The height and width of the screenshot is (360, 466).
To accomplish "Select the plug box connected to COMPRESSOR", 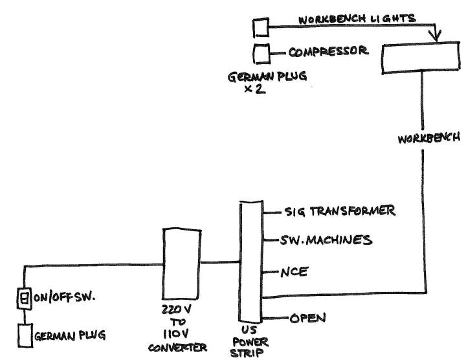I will click(x=261, y=52).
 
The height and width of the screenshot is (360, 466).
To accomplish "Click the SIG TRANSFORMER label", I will click(x=339, y=212).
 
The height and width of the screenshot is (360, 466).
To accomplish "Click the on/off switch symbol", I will click(x=24, y=298).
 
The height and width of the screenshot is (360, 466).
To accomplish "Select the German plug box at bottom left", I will click(x=24, y=336).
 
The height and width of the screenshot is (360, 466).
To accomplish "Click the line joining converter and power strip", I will click(x=219, y=262).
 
